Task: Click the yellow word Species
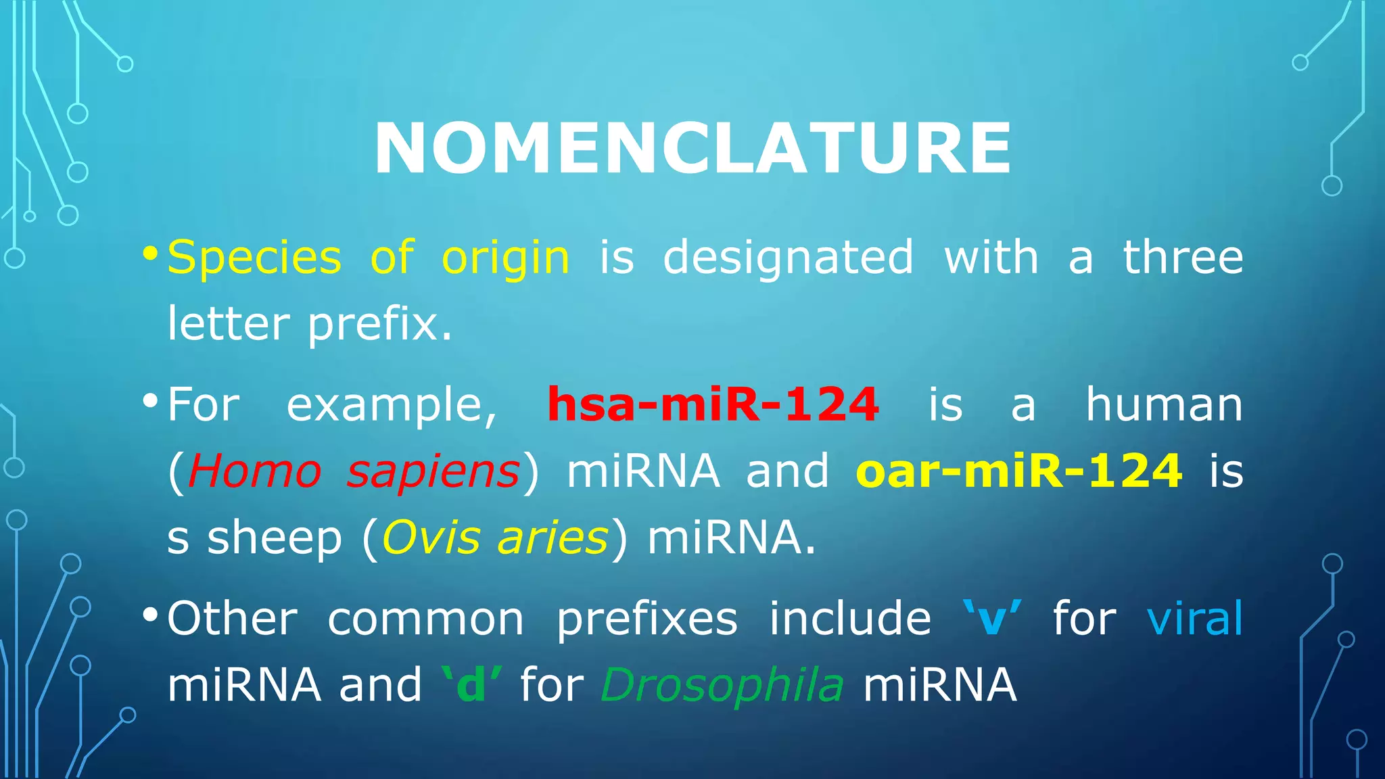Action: tap(254, 259)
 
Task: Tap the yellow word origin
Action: tap(505, 259)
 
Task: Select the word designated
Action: tap(788, 258)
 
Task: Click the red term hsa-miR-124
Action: tap(713, 404)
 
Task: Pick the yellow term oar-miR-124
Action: tap(1018, 471)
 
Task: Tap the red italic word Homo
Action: tap(254, 471)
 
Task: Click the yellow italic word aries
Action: tap(553, 538)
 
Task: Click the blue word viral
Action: tap(1195, 618)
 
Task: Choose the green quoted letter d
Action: tap(471, 685)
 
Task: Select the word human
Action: tap(1164, 404)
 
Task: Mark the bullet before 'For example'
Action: tap(150, 401)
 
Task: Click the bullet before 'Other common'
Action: tap(150, 615)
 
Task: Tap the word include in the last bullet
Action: tap(850, 618)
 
